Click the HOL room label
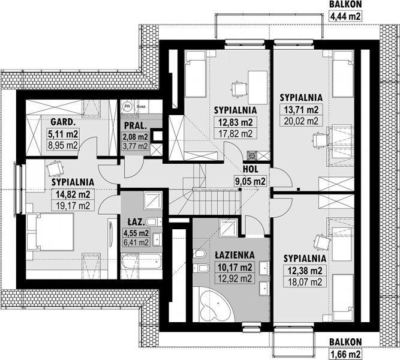251,169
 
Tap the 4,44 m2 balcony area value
345,16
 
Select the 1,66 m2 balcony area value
345,354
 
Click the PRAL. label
136,125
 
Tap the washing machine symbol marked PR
127,106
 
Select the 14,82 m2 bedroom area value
73,194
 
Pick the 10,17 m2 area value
235,268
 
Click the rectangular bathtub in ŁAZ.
142,262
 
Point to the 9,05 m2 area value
251,181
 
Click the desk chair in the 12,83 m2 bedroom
239,89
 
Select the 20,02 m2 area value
301,121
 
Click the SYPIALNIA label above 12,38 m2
305,259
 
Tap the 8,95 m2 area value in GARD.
63,145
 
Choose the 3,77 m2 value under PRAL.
136,146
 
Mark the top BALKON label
345,4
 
